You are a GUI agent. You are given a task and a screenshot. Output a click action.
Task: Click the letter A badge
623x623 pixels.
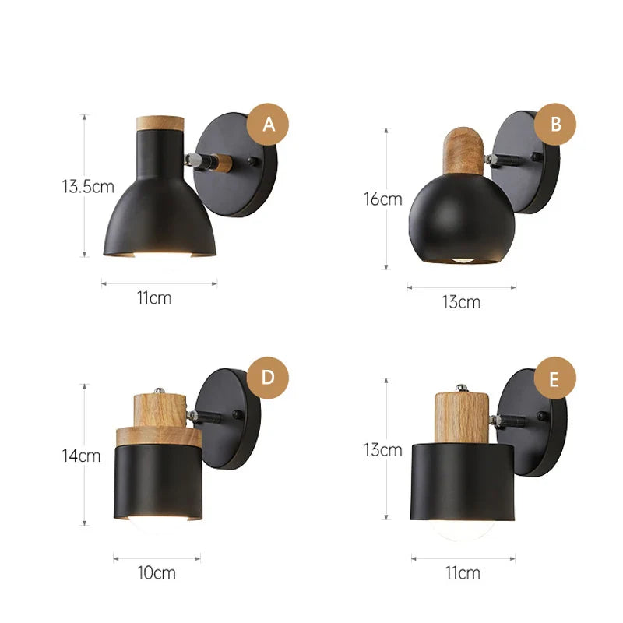pos(268,125)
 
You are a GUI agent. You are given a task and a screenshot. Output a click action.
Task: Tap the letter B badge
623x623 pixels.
pos(555,125)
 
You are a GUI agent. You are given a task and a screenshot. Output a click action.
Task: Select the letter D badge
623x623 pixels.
pos(268,378)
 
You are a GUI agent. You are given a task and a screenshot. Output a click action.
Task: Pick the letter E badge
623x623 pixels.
pos(555,378)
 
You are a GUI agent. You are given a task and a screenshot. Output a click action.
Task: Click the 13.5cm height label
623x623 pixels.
pos(88,186)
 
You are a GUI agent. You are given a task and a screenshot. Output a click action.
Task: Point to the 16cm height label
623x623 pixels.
pos(383,199)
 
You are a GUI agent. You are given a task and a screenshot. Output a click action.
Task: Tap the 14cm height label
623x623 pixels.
pos(81,456)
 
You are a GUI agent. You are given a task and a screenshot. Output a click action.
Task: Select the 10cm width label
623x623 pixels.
pos(157,573)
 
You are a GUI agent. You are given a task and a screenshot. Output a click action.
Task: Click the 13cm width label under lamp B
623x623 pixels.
pos(461,302)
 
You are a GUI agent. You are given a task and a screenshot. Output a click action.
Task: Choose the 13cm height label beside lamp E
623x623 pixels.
pos(383,450)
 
